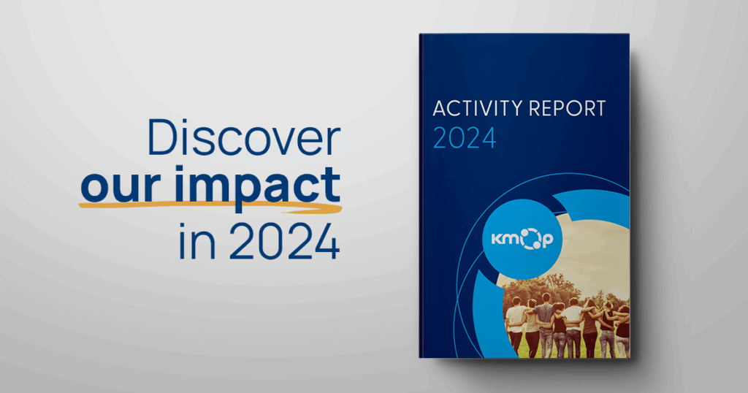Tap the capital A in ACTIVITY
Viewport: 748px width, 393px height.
(439, 109)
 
